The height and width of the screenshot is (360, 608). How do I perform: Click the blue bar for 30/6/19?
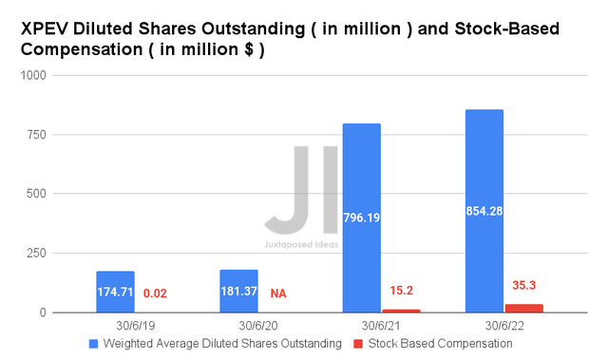click(x=115, y=292)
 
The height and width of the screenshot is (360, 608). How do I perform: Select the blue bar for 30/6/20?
click(x=238, y=291)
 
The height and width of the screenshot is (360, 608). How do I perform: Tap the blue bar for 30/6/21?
click(x=361, y=218)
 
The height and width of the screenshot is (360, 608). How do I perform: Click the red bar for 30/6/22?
click(x=523, y=308)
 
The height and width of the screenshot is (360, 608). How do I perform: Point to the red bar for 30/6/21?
click(x=401, y=311)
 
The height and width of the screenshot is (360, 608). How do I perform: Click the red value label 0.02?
click(x=155, y=294)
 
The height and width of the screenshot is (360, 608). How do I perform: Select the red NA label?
click(x=278, y=294)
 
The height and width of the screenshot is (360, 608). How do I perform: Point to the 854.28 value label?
click(x=484, y=211)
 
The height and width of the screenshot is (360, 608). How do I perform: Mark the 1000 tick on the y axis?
click(x=34, y=76)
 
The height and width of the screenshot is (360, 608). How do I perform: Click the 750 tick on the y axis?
click(x=39, y=135)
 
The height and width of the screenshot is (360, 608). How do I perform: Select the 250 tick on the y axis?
click(x=39, y=253)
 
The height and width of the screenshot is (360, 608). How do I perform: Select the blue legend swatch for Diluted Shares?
click(x=92, y=345)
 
